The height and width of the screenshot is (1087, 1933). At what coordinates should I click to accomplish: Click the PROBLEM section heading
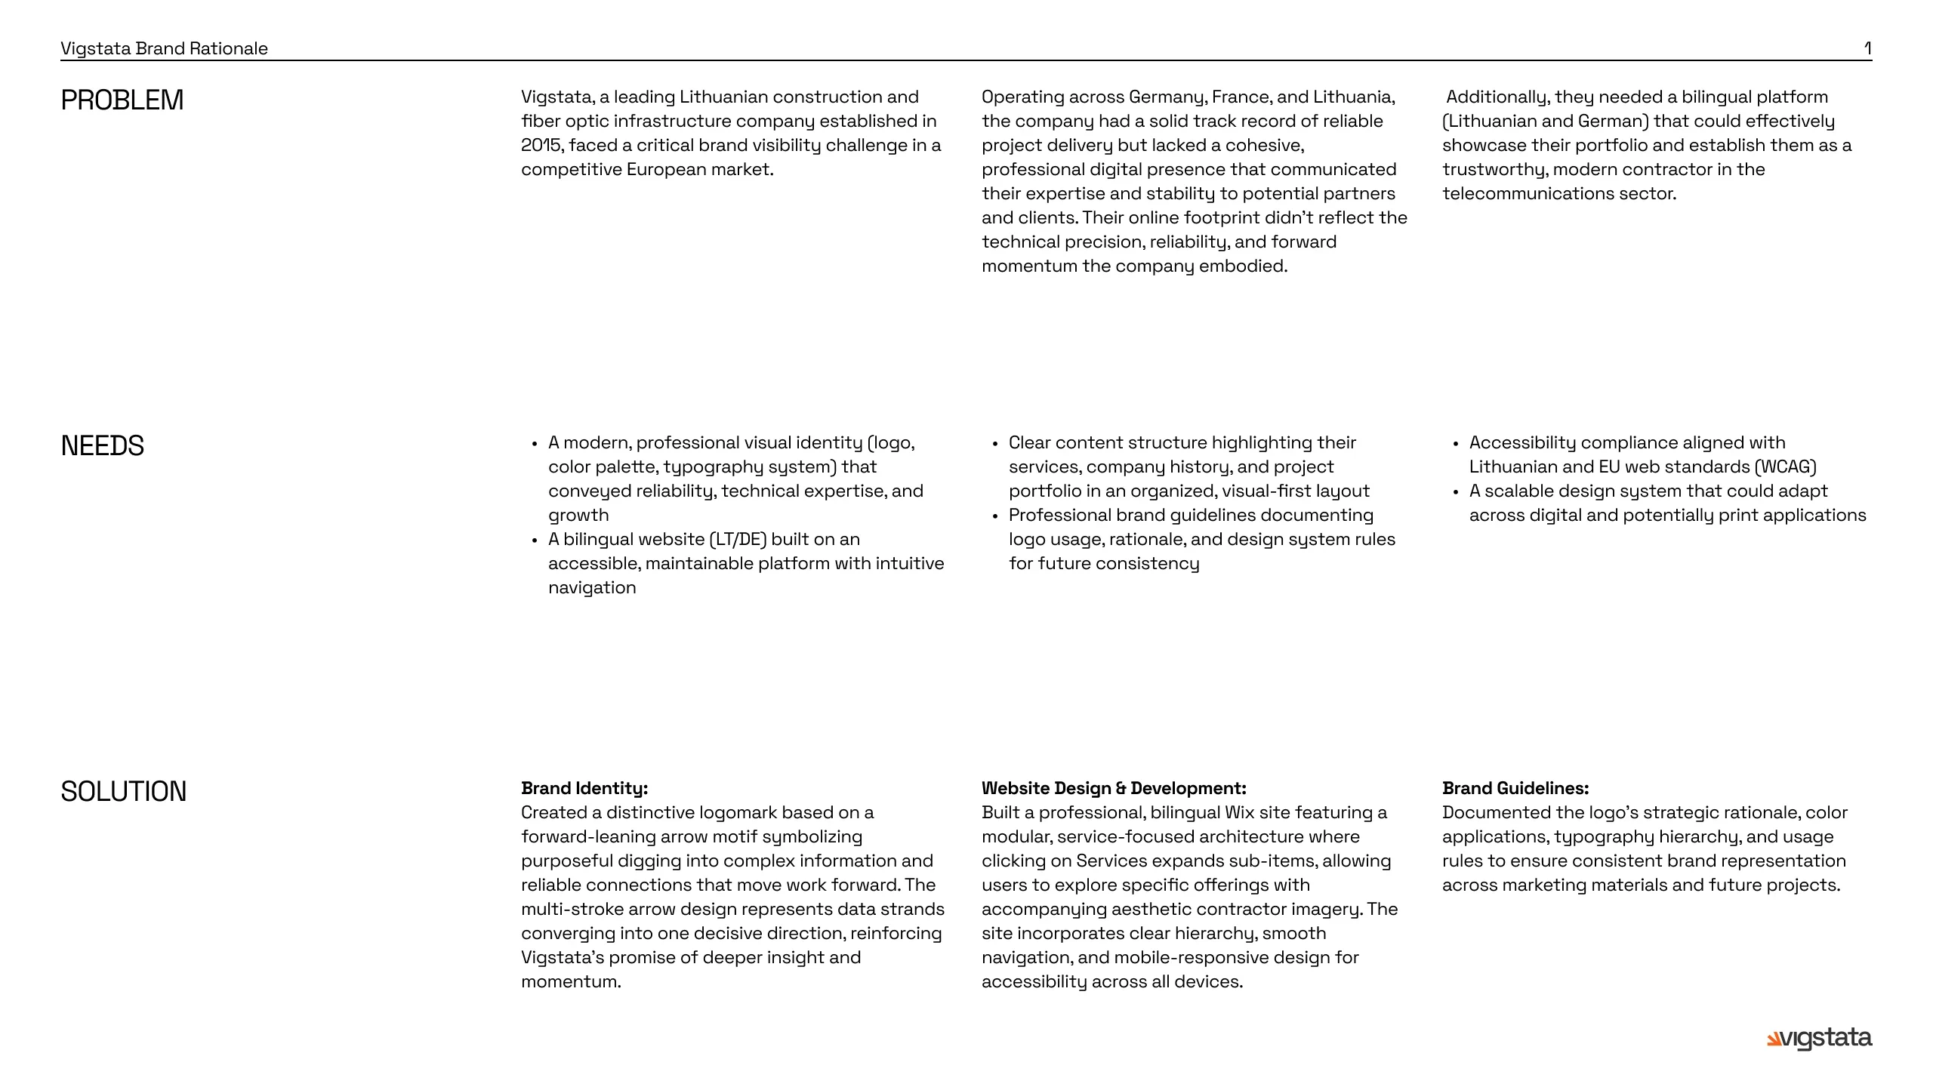pos(122,100)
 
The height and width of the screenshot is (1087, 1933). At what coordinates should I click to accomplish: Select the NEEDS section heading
pos(102,446)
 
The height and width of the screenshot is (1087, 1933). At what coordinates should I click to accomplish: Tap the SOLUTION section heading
pos(123,792)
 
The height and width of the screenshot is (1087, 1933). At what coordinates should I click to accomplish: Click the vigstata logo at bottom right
pos(1819,1039)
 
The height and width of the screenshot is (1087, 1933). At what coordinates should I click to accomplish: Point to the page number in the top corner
pos(1867,48)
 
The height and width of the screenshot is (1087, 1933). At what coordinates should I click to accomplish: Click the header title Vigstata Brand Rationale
pos(164,48)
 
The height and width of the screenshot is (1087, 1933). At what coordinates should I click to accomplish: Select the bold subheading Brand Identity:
pos(584,788)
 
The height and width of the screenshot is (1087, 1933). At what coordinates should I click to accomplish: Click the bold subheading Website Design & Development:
pos(1114,788)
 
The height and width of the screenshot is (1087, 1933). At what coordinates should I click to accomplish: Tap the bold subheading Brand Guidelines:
pos(1515,788)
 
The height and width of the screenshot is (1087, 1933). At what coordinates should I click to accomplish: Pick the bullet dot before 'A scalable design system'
pos(1456,492)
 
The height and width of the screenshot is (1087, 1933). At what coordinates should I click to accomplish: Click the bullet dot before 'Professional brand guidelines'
pos(995,516)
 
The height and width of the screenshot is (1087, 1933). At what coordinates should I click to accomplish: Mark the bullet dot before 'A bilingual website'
pos(535,540)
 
